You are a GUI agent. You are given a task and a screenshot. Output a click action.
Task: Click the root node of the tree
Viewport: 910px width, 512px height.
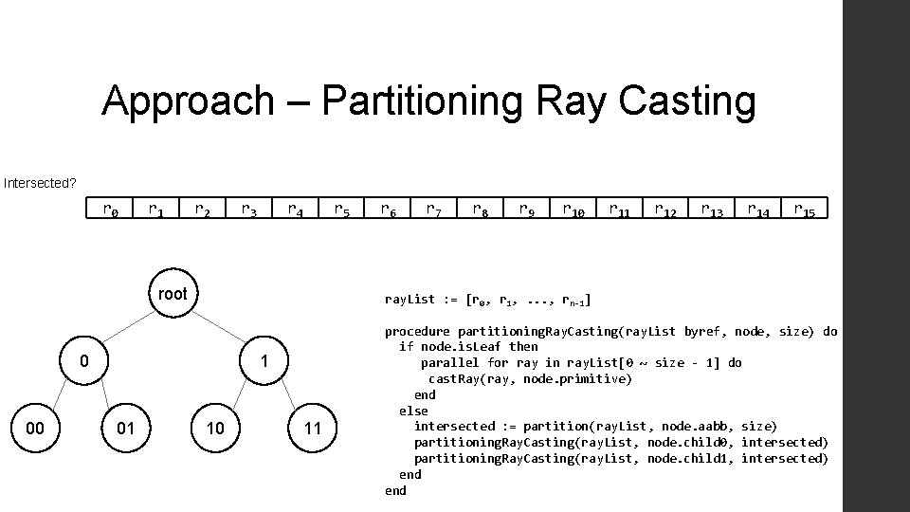pyautogui.click(x=173, y=294)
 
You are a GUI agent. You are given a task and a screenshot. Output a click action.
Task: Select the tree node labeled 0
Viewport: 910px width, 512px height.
pyautogui.click(x=83, y=361)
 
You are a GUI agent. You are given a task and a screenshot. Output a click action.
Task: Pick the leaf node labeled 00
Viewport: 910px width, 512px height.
pyautogui.click(x=35, y=429)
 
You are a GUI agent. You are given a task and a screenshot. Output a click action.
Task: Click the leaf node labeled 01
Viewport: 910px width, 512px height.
pyautogui.click(x=126, y=429)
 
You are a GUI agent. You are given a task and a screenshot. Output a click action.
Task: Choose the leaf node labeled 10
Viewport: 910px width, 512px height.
pyautogui.click(x=215, y=429)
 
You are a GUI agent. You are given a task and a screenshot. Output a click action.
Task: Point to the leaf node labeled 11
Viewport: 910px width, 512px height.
pyautogui.click(x=312, y=429)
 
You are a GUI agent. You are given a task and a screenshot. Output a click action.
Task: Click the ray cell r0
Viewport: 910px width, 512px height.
pyautogui.click(x=111, y=209)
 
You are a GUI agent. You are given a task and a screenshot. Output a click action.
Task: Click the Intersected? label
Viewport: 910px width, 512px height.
pyautogui.click(x=40, y=182)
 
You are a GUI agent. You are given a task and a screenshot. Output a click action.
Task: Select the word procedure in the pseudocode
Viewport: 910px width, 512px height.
pyautogui.click(x=417, y=332)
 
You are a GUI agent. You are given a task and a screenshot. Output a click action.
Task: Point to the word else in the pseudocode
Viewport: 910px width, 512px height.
pyautogui.click(x=413, y=411)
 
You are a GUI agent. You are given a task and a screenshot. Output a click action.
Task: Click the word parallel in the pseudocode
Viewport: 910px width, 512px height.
pyautogui.click(x=450, y=363)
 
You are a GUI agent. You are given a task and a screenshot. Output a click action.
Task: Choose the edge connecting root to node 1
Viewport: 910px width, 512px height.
pyautogui.click(x=219, y=328)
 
